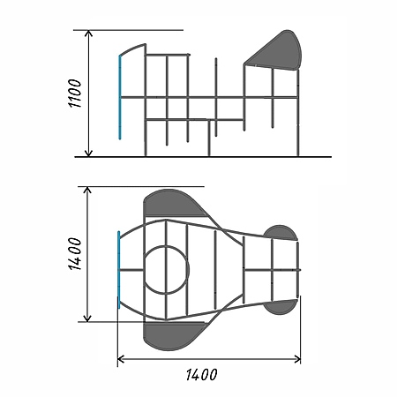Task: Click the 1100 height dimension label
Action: pos(75,94)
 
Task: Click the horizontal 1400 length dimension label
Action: pos(202,375)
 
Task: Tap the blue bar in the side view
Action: pos(120,97)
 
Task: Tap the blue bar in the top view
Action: pos(119,270)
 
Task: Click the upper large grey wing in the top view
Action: pos(174,203)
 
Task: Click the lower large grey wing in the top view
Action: pos(174,336)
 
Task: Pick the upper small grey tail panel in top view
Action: pos(281,233)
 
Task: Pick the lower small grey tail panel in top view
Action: pos(281,307)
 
